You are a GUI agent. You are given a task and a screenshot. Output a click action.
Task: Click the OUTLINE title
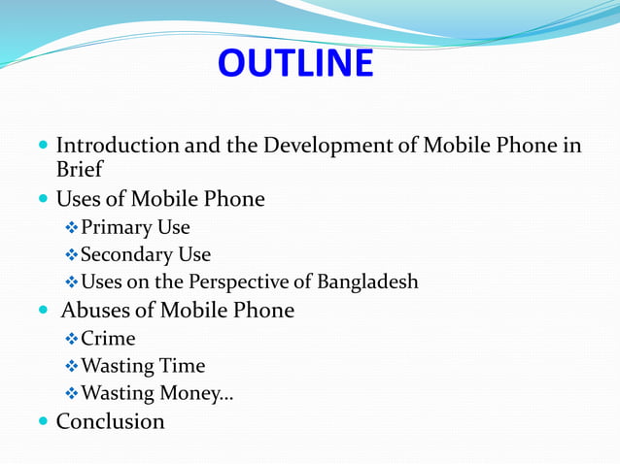tap(295, 63)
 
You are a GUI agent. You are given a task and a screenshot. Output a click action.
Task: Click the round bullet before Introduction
tap(42, 147)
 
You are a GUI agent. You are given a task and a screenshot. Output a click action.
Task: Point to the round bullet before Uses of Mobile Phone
tap(42, 200)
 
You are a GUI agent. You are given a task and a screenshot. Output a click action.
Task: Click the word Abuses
tap(96, 311)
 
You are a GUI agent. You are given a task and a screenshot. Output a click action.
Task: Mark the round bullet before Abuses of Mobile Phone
tap(42, 312)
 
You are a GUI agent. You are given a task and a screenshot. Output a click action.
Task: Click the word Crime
tap(108, 339)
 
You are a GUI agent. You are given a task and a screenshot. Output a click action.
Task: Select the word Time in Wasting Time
tap(184, 366)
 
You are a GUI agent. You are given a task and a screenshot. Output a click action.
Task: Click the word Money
tap(198, 394)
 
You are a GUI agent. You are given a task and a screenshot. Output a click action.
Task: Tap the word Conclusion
tap(110, 421)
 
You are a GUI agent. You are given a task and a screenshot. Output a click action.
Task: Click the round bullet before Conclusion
tap(42, 422)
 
